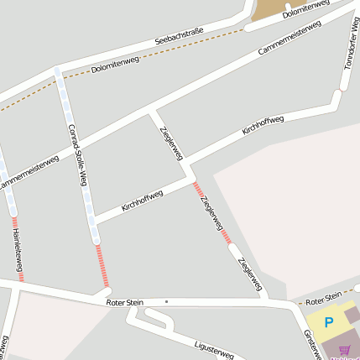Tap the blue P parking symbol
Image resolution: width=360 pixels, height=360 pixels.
coord(329,321)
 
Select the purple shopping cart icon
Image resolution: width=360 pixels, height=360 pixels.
coord(344,350)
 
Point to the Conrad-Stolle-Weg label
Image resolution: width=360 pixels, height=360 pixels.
coord(78,155)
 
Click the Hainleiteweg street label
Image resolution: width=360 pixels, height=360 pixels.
coord(18,249)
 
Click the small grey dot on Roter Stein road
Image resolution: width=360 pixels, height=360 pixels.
coord(166,301)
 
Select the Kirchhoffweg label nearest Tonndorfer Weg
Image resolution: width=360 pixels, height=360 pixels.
coord(263,125)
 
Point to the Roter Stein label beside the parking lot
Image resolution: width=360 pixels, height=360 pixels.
coord(323,298)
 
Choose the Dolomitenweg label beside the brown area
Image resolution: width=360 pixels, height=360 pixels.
coord(305,9)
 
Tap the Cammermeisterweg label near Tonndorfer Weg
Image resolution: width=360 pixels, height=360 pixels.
coord(289,39)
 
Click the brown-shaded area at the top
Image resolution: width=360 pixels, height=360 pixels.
coord(269,9)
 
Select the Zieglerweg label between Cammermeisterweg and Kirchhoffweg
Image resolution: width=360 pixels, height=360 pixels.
coord(170,143)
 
